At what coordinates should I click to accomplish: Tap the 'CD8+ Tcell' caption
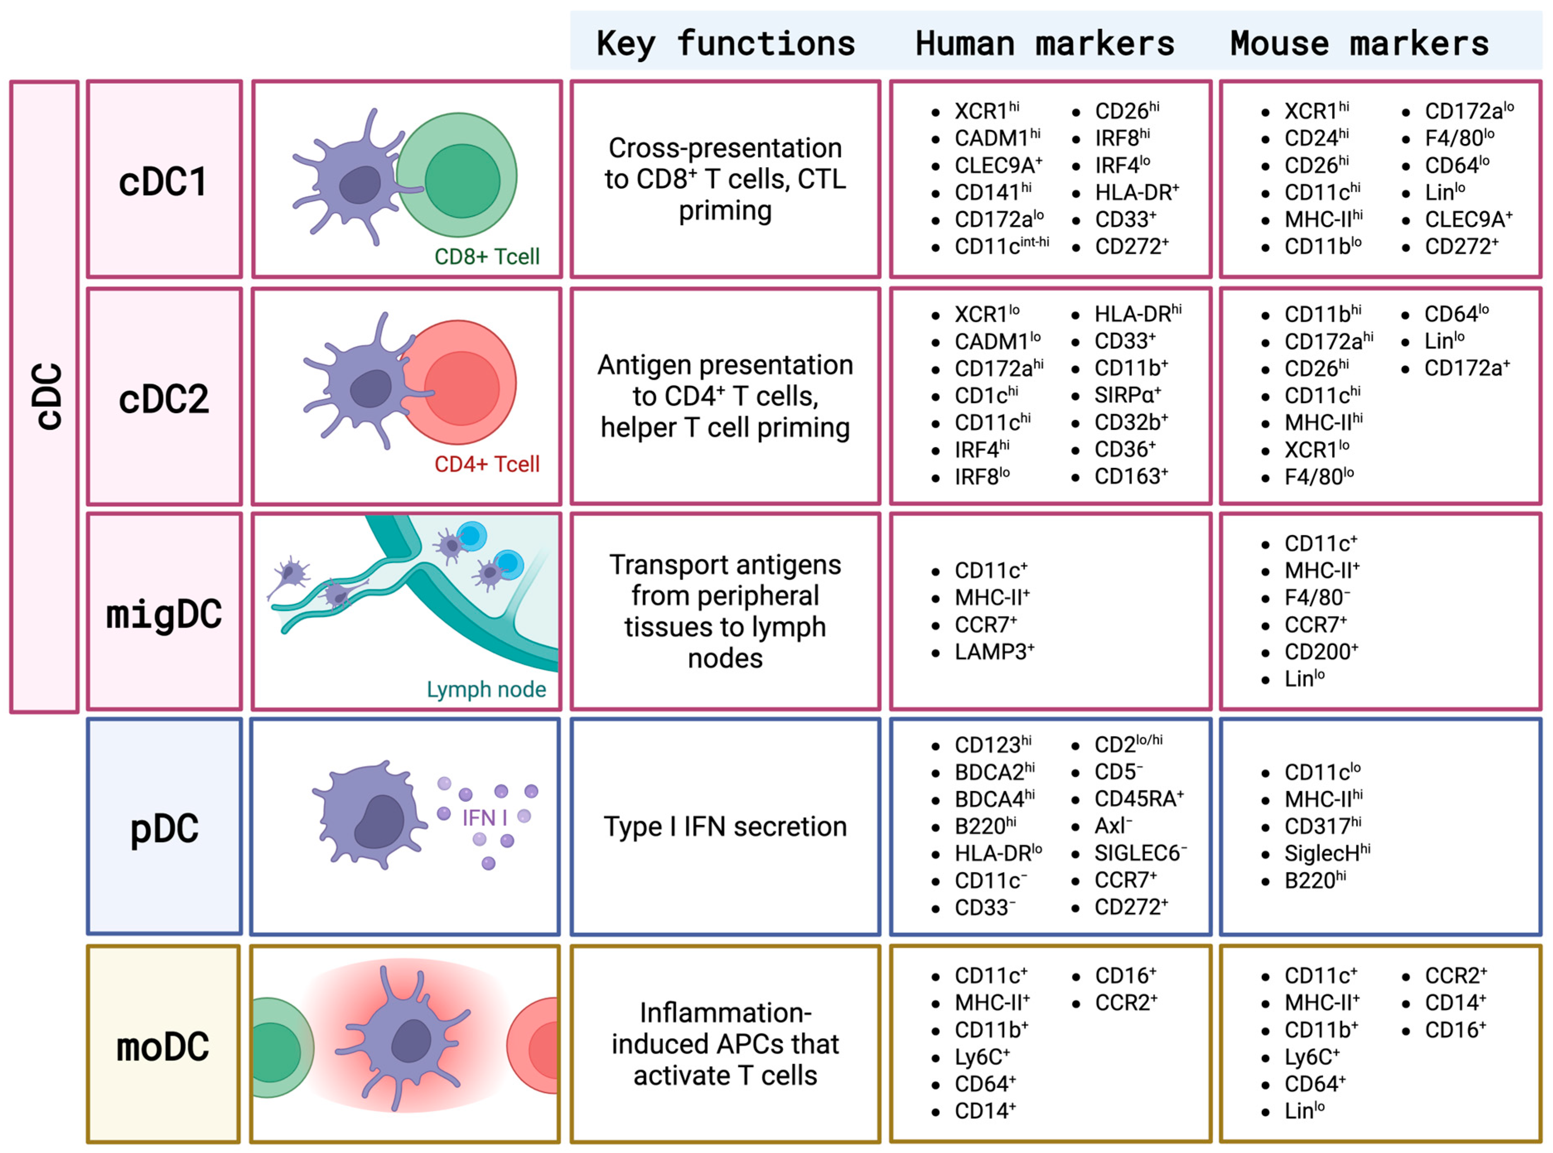click(487, 256)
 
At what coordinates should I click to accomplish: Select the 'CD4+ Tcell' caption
click(487, 463)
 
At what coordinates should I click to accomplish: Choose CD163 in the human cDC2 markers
click(1130, 477)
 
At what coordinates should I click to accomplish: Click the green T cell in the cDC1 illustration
click(462, 180)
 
